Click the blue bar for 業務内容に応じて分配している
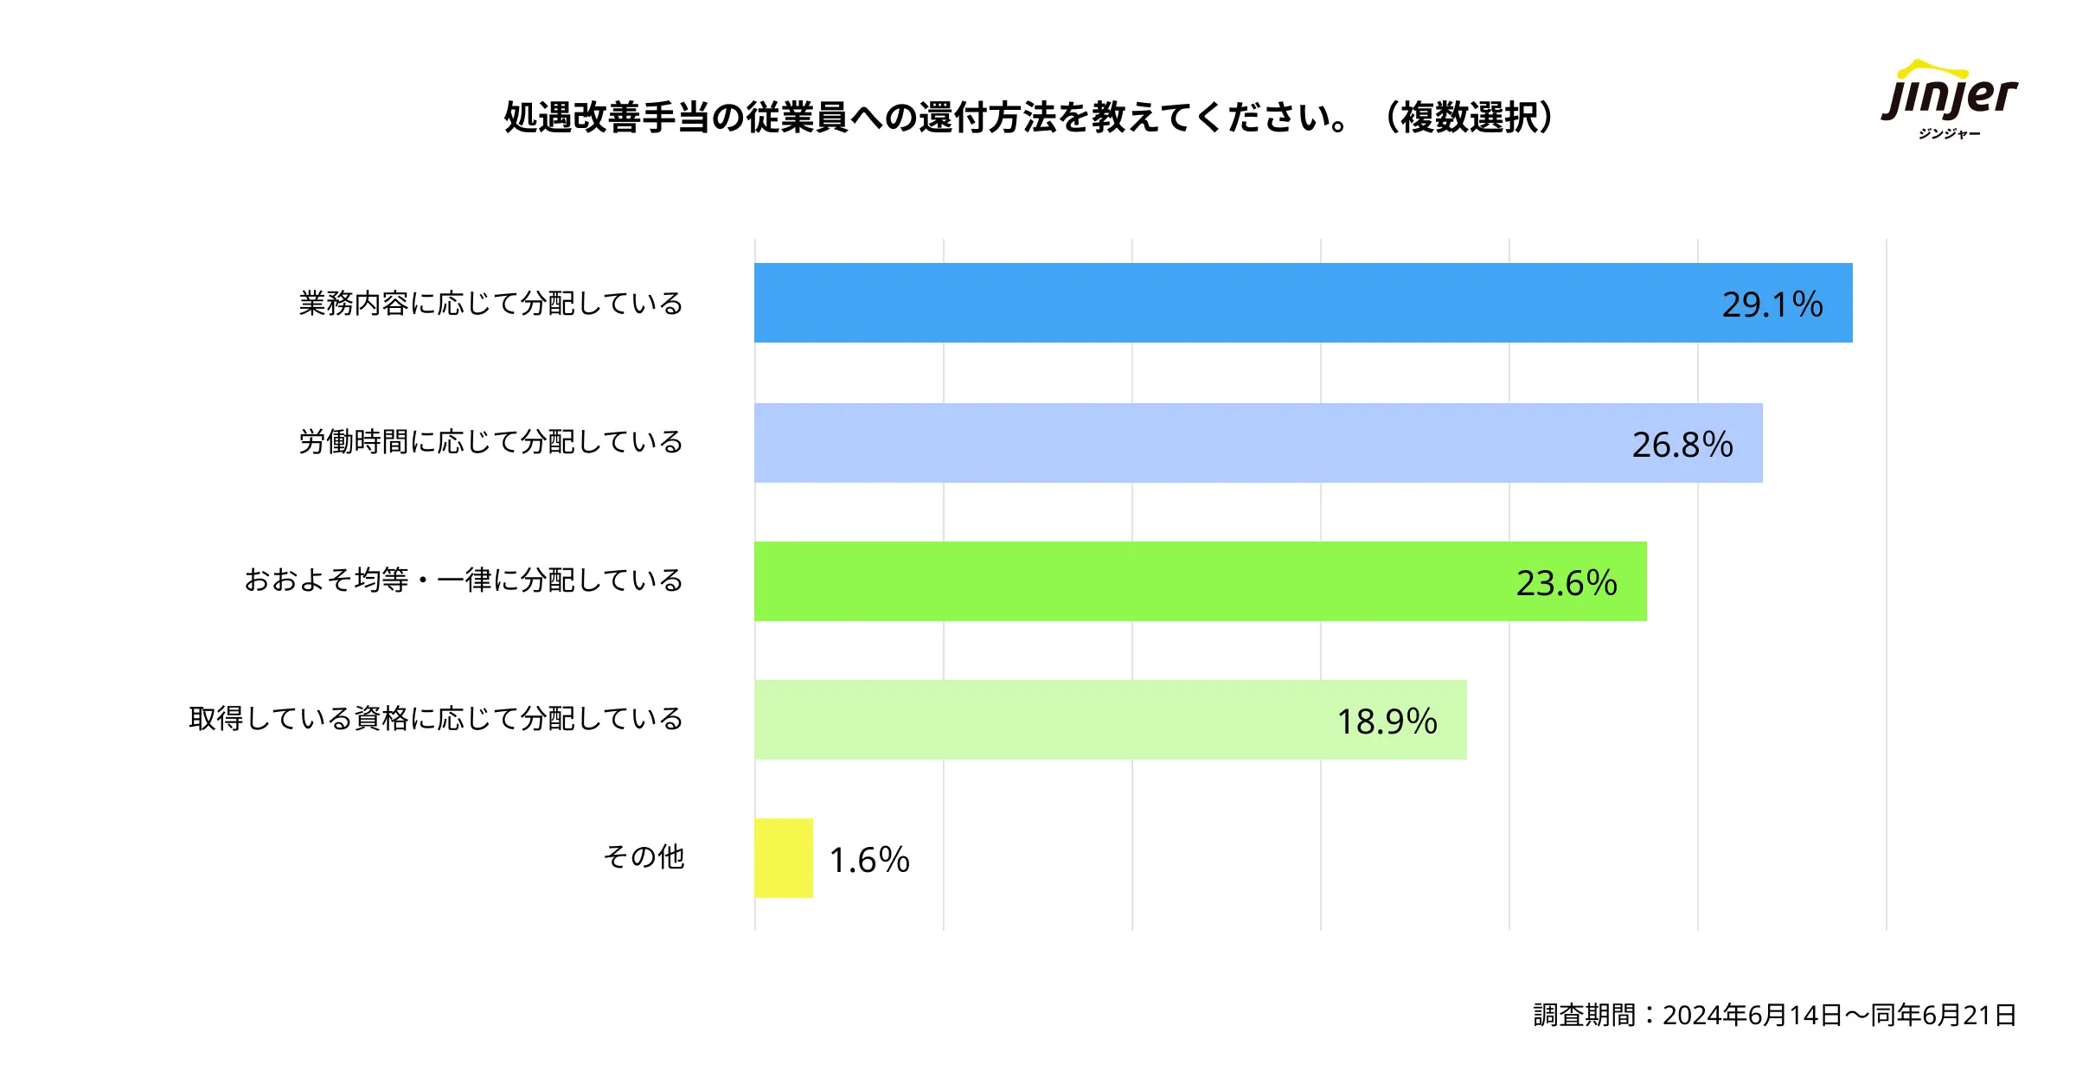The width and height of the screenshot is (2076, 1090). click(1211, 303)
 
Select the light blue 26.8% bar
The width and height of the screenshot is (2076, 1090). click(1168, 443)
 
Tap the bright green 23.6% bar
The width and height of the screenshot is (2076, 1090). click(1124, 581)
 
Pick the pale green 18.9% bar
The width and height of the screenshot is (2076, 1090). click(1038, 720)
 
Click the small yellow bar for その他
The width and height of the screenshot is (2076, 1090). click(784, 858)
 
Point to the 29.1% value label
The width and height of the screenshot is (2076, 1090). click(1772, 305)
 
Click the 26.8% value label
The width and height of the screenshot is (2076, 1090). click(1682, 445)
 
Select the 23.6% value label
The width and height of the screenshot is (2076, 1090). click(1567, 583)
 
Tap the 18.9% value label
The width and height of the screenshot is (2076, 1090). click(1387, 721)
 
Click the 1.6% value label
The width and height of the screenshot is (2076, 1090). click(869, 860)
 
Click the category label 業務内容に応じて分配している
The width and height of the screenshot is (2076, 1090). click(491, 304)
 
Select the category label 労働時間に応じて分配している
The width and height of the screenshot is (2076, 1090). click(491, 442)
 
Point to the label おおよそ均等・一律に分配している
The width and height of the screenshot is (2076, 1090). click(464, 580)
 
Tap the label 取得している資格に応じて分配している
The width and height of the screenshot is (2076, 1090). click(436, 719)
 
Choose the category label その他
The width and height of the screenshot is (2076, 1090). click(644, 857)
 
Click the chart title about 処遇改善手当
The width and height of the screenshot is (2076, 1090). click(926, 118)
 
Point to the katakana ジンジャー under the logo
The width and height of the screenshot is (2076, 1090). click(1949, 134)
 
